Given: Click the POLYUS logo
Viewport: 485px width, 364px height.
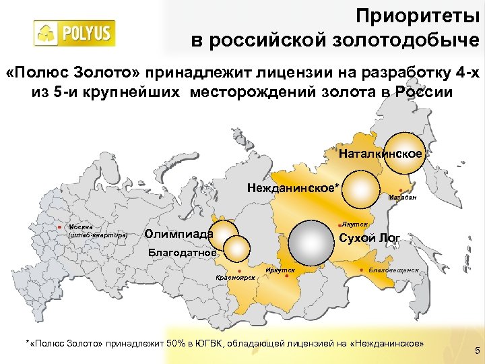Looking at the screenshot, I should point(75,32).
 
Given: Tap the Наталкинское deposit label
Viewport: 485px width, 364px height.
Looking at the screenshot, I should point(381,154).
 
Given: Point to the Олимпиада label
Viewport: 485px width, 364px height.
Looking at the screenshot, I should point(179,234).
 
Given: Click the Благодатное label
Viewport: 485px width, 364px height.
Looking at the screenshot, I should point(182,253).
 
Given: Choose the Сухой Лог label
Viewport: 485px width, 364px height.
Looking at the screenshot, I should point(370,237).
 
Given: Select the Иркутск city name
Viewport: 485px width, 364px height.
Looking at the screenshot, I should point(280,270).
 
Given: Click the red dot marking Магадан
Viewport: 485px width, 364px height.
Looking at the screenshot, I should point(401,190).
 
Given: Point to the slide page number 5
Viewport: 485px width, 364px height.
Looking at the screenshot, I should point(477,350).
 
